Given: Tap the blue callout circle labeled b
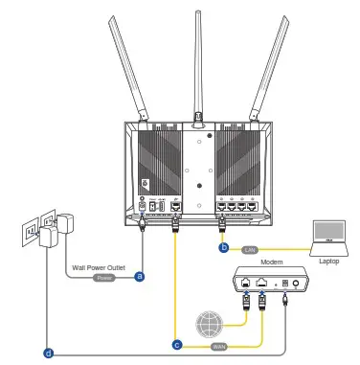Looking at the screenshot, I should tap(224, 248).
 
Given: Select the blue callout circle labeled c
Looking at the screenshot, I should tap(177, 342).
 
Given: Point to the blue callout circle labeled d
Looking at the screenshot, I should tap(50, 353).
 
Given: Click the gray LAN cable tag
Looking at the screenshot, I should tap(249, 248).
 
